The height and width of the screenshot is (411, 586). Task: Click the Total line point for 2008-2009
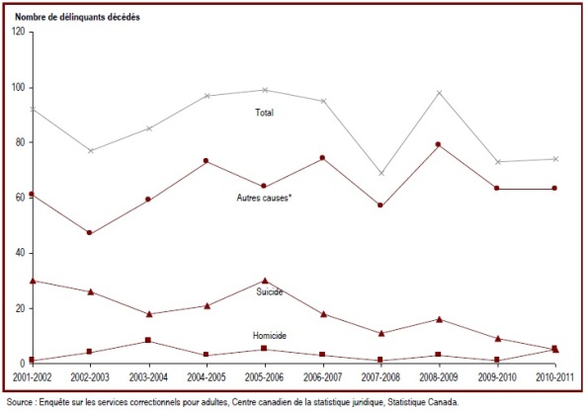click(x=440, y=93)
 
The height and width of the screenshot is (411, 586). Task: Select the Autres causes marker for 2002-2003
click(x=89, y=233)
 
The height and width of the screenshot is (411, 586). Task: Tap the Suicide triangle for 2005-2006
click(x=265, y=281)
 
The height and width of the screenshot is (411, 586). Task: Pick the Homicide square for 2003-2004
click(x=148, y=340)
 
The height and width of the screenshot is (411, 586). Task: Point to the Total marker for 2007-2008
click(x=381, y=173)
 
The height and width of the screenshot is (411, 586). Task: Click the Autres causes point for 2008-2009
click(x=439, y=144)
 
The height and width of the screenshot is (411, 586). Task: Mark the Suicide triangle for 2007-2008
click(x=381, y=333)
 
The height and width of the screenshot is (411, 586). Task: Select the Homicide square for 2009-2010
click(x=497, y=360)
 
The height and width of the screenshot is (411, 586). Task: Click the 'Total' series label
click(x=264, y=113)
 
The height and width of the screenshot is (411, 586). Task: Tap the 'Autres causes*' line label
click(x=264, y=198)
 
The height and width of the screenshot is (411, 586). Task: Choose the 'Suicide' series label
click(x=270, y=291)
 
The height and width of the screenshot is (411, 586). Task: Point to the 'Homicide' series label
click(x=270, y=336)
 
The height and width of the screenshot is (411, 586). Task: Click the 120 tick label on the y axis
click(x=19, y=32)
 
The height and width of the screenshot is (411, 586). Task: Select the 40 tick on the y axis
click(x=21, y=253)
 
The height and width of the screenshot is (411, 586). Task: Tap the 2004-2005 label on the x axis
click(x=207, y=377)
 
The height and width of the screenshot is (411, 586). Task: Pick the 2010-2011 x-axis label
click(x=554, y=377)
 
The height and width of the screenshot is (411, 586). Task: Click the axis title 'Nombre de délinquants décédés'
click(x=77, y=17)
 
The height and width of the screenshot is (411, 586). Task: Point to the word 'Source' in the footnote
click(x=20, y=402)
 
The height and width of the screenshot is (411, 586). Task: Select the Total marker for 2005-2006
click(x=265, y=90)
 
